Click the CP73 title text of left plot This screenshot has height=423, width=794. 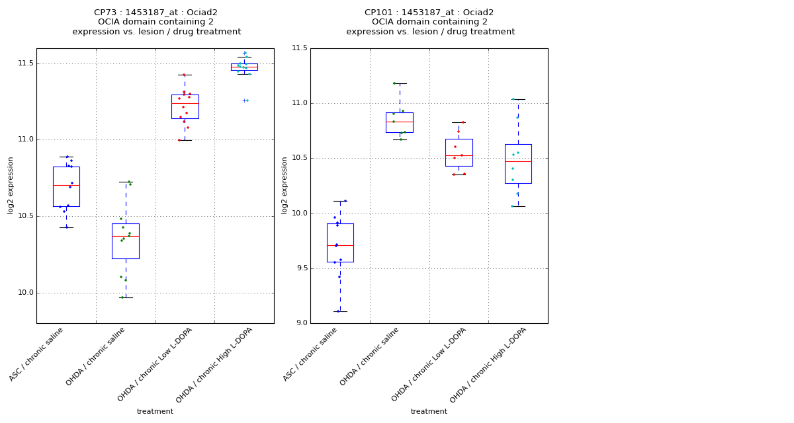tap(155, 13)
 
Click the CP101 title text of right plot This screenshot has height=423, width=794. tap(429, 13)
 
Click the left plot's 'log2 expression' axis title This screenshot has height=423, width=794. tap(11, 186)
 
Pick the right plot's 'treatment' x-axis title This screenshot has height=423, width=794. tap(429, 411)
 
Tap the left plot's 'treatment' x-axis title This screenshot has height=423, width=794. tap(155, 411)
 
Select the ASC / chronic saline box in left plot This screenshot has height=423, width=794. tap(66, 186)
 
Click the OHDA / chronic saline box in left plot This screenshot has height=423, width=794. tap(126, 241)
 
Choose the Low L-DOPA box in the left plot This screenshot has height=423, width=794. tap(185, 106)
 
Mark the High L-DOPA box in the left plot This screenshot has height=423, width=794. tap(244, 67)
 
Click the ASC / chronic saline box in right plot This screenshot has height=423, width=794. tap(340, 243)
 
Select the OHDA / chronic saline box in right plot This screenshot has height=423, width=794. tap(400, 122)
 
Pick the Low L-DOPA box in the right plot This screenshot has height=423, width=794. tap(459, 153)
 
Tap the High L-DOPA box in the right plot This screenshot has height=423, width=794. tap(518, 164)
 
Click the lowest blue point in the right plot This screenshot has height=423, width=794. tap(338, 311)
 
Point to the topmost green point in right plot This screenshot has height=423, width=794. tap(394, 83)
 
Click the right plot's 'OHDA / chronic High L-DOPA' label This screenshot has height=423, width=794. tap(490, 365)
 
